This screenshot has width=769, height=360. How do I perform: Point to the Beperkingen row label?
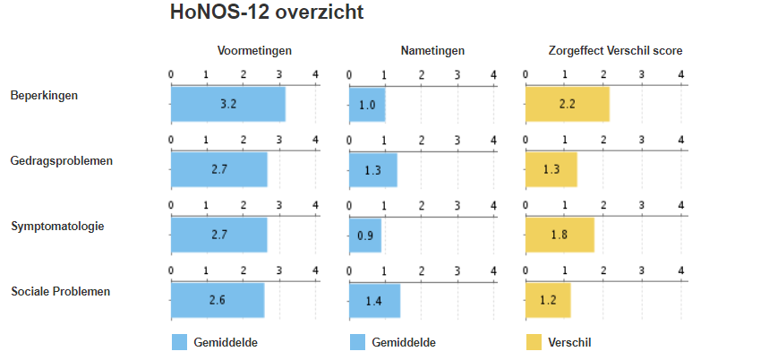pos(45,95)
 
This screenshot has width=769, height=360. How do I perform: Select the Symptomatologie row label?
pos(57,226)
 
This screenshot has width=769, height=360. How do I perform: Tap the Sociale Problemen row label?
pos(59,291)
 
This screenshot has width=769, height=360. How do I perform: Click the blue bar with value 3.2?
pos(227,104)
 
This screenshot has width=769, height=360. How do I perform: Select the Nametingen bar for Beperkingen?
pos(367,104)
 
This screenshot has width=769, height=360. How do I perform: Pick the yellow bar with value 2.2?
pos(567,104)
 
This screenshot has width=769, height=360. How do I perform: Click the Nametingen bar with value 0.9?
pos(365,236)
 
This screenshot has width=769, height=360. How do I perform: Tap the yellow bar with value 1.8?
pos(560,236)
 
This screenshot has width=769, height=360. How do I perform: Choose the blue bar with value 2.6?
pos(217,301)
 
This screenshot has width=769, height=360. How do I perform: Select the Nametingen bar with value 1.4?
pos(374,301)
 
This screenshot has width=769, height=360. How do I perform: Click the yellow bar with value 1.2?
pos(548,301)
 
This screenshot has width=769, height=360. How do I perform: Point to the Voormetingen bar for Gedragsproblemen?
pos(218,170)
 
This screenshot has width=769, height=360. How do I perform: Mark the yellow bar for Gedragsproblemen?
pos(551,170)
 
